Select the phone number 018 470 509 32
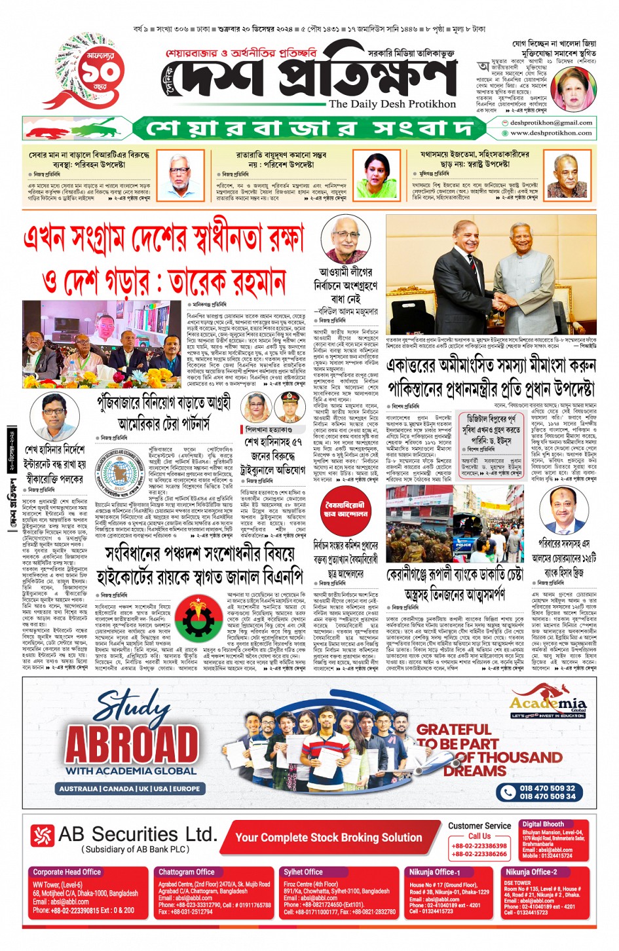pyautogui.click(x=547, y=788)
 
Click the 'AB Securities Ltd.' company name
pyautogui.click(x=138, y=834)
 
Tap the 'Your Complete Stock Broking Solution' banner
pyautogui.click(x=329, y=837)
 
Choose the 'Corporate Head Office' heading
pyautogui.click(x=67, y=872)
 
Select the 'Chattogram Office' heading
pyautogui.click(x=187, y=872)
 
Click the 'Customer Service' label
pyautogui.click(x=479, y=826)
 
